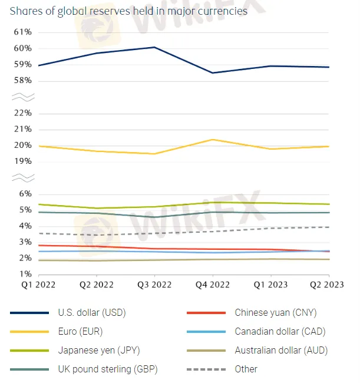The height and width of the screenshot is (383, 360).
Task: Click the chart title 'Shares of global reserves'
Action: (x=128, y=11)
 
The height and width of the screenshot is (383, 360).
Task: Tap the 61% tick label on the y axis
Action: (x=22, y=32)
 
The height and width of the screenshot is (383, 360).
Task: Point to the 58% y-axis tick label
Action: (x=22, y=80)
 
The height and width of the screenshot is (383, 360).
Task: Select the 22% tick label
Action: (x=22, y=113)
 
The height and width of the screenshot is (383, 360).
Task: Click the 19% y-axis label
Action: (x=22, y=161)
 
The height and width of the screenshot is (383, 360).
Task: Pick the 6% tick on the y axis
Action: (x=25, y=194)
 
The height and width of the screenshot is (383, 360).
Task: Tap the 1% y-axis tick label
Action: (x=25, y=274)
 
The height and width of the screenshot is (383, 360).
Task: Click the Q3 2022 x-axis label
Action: (x=154, y=284)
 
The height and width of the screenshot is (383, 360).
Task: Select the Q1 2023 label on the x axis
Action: (x=270, y=284)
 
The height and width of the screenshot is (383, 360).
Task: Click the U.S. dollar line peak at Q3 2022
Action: (x=154, y=47)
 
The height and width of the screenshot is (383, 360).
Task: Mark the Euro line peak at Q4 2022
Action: (x=212, y=140)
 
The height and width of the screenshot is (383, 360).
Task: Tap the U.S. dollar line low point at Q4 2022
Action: (x=212, y=72)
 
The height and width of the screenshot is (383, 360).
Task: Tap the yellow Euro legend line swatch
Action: (x=29, y=332)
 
